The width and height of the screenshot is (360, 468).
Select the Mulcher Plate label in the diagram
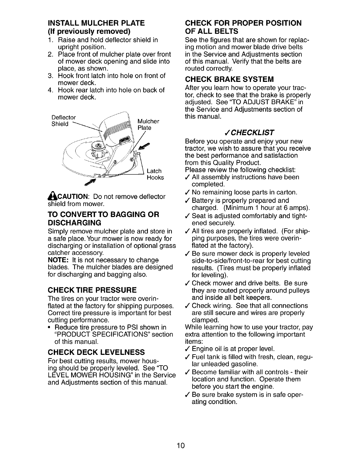click(x=148, y=124)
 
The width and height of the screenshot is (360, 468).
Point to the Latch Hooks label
click(x=155, y=174)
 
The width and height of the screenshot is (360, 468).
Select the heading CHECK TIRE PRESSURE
click(x=92, y=290)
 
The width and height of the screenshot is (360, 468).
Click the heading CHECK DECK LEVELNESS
click(x=96, y=352)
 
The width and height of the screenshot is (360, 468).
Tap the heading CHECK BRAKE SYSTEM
click(x=229, y=79)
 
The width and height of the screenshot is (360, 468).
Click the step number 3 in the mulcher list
click(x=50, y=76)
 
